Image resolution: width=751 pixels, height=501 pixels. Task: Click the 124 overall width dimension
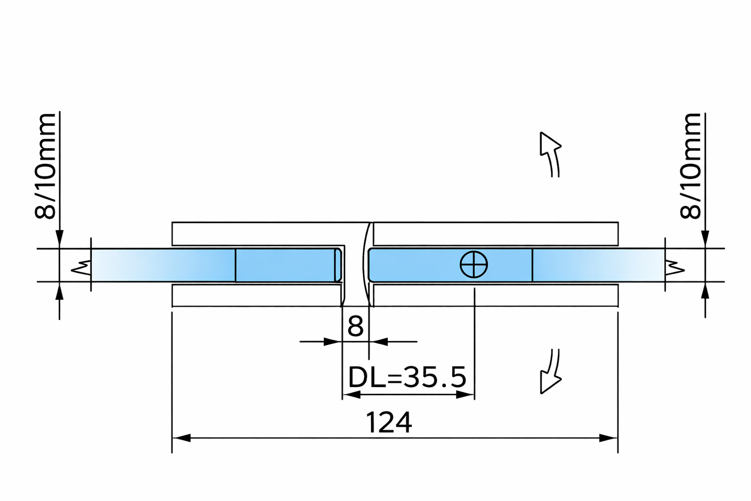point(389,422)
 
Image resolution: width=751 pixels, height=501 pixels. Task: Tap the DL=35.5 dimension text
point(407,378)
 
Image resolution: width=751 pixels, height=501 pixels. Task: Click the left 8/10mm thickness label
point(45,165)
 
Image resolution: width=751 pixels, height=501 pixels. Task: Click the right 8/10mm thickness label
point(691,165)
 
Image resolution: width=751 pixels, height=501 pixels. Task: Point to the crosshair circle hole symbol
point(474,264)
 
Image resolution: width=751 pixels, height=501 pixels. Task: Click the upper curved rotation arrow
point(550,153)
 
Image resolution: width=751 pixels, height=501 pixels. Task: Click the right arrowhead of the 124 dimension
point(609,438)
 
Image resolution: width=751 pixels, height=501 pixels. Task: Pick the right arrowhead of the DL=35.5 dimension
point(466,394)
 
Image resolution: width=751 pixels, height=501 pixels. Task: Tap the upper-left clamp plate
point(257,234)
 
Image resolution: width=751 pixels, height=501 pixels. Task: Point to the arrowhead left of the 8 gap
point(332,342)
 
